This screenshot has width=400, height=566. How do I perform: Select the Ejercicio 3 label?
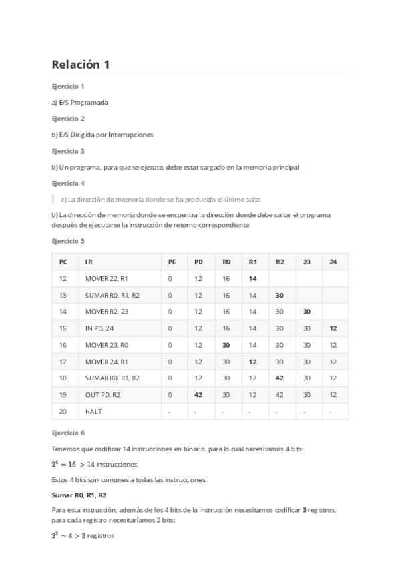pyautogui.click(x=68, y=151)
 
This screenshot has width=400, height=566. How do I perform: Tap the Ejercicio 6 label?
pyautogui.click(x=68, y=433)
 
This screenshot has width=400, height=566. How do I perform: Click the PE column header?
pyautogui.click(x=172, y=262)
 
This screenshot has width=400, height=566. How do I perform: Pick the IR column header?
pyautogui.click(x=89, y=262)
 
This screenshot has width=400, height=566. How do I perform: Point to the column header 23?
pyautogui.click(x=307, y=262)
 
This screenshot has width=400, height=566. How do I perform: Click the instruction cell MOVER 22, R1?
pyautogui.click(x=106, y=278)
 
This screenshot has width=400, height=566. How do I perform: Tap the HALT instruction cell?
pyautogui.click(x=93, y=412)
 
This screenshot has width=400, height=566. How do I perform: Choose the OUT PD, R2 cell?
pyautogui.click(x=104, y=395)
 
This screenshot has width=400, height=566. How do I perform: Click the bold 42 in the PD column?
pyautogui.click(x=198, y=395)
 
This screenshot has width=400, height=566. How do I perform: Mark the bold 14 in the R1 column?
pyautogui.click(x=253, y=278)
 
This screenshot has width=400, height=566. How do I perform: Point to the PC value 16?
pyautogui.click(x=63, y=345)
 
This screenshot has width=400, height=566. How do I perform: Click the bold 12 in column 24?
pyautogui.click(x=333, y=328)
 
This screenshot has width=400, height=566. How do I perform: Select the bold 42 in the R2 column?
pyautogui.click(x=280, y=378)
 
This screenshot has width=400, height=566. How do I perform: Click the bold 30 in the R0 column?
pyautogui.click(x=226, y=345)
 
